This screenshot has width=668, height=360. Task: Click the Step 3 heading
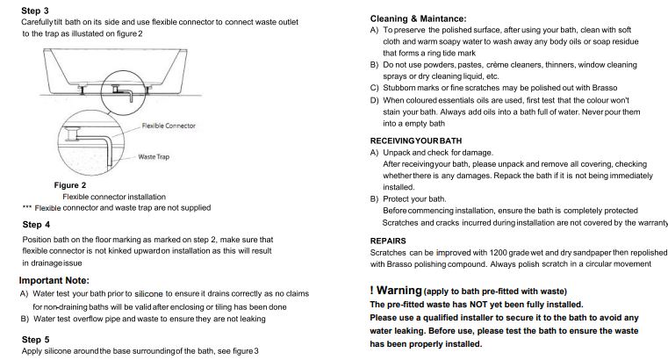point(35,11)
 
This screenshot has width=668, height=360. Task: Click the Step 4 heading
point(36,225)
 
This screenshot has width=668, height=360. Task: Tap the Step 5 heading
point(36,339)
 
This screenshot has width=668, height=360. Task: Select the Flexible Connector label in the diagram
point(169,126)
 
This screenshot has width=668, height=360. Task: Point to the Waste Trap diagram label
point(154,156)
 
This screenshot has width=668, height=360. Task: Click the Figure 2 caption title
point(70,185)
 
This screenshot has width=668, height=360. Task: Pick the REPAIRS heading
point(388,240)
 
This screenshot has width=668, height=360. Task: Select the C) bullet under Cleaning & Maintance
point(375,88)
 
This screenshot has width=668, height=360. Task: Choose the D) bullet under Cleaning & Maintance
point(375,100)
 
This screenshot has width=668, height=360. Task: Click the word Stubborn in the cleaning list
point(403,88)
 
